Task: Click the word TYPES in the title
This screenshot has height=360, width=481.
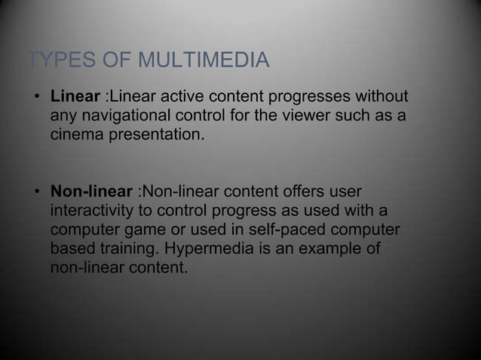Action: [54, 59]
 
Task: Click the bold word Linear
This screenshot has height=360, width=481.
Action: [75, 98]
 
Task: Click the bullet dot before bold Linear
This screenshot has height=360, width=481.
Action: [35, 99]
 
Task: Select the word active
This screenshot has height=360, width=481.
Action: [180, 98]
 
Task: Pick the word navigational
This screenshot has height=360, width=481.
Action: [130, 117]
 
